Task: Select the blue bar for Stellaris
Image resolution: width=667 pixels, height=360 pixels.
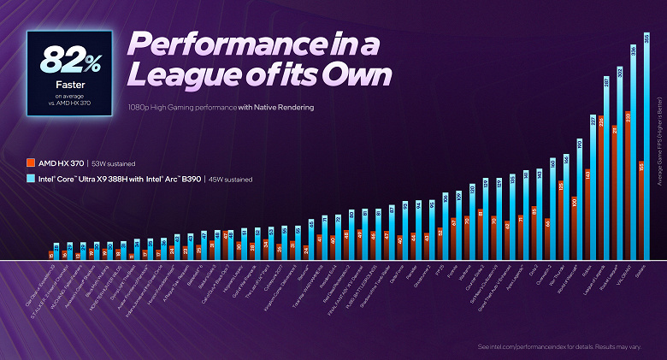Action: (646, 145)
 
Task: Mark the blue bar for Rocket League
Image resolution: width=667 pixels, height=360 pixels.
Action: (620, 162)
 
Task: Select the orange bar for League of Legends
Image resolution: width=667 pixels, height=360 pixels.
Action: (601, 188)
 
